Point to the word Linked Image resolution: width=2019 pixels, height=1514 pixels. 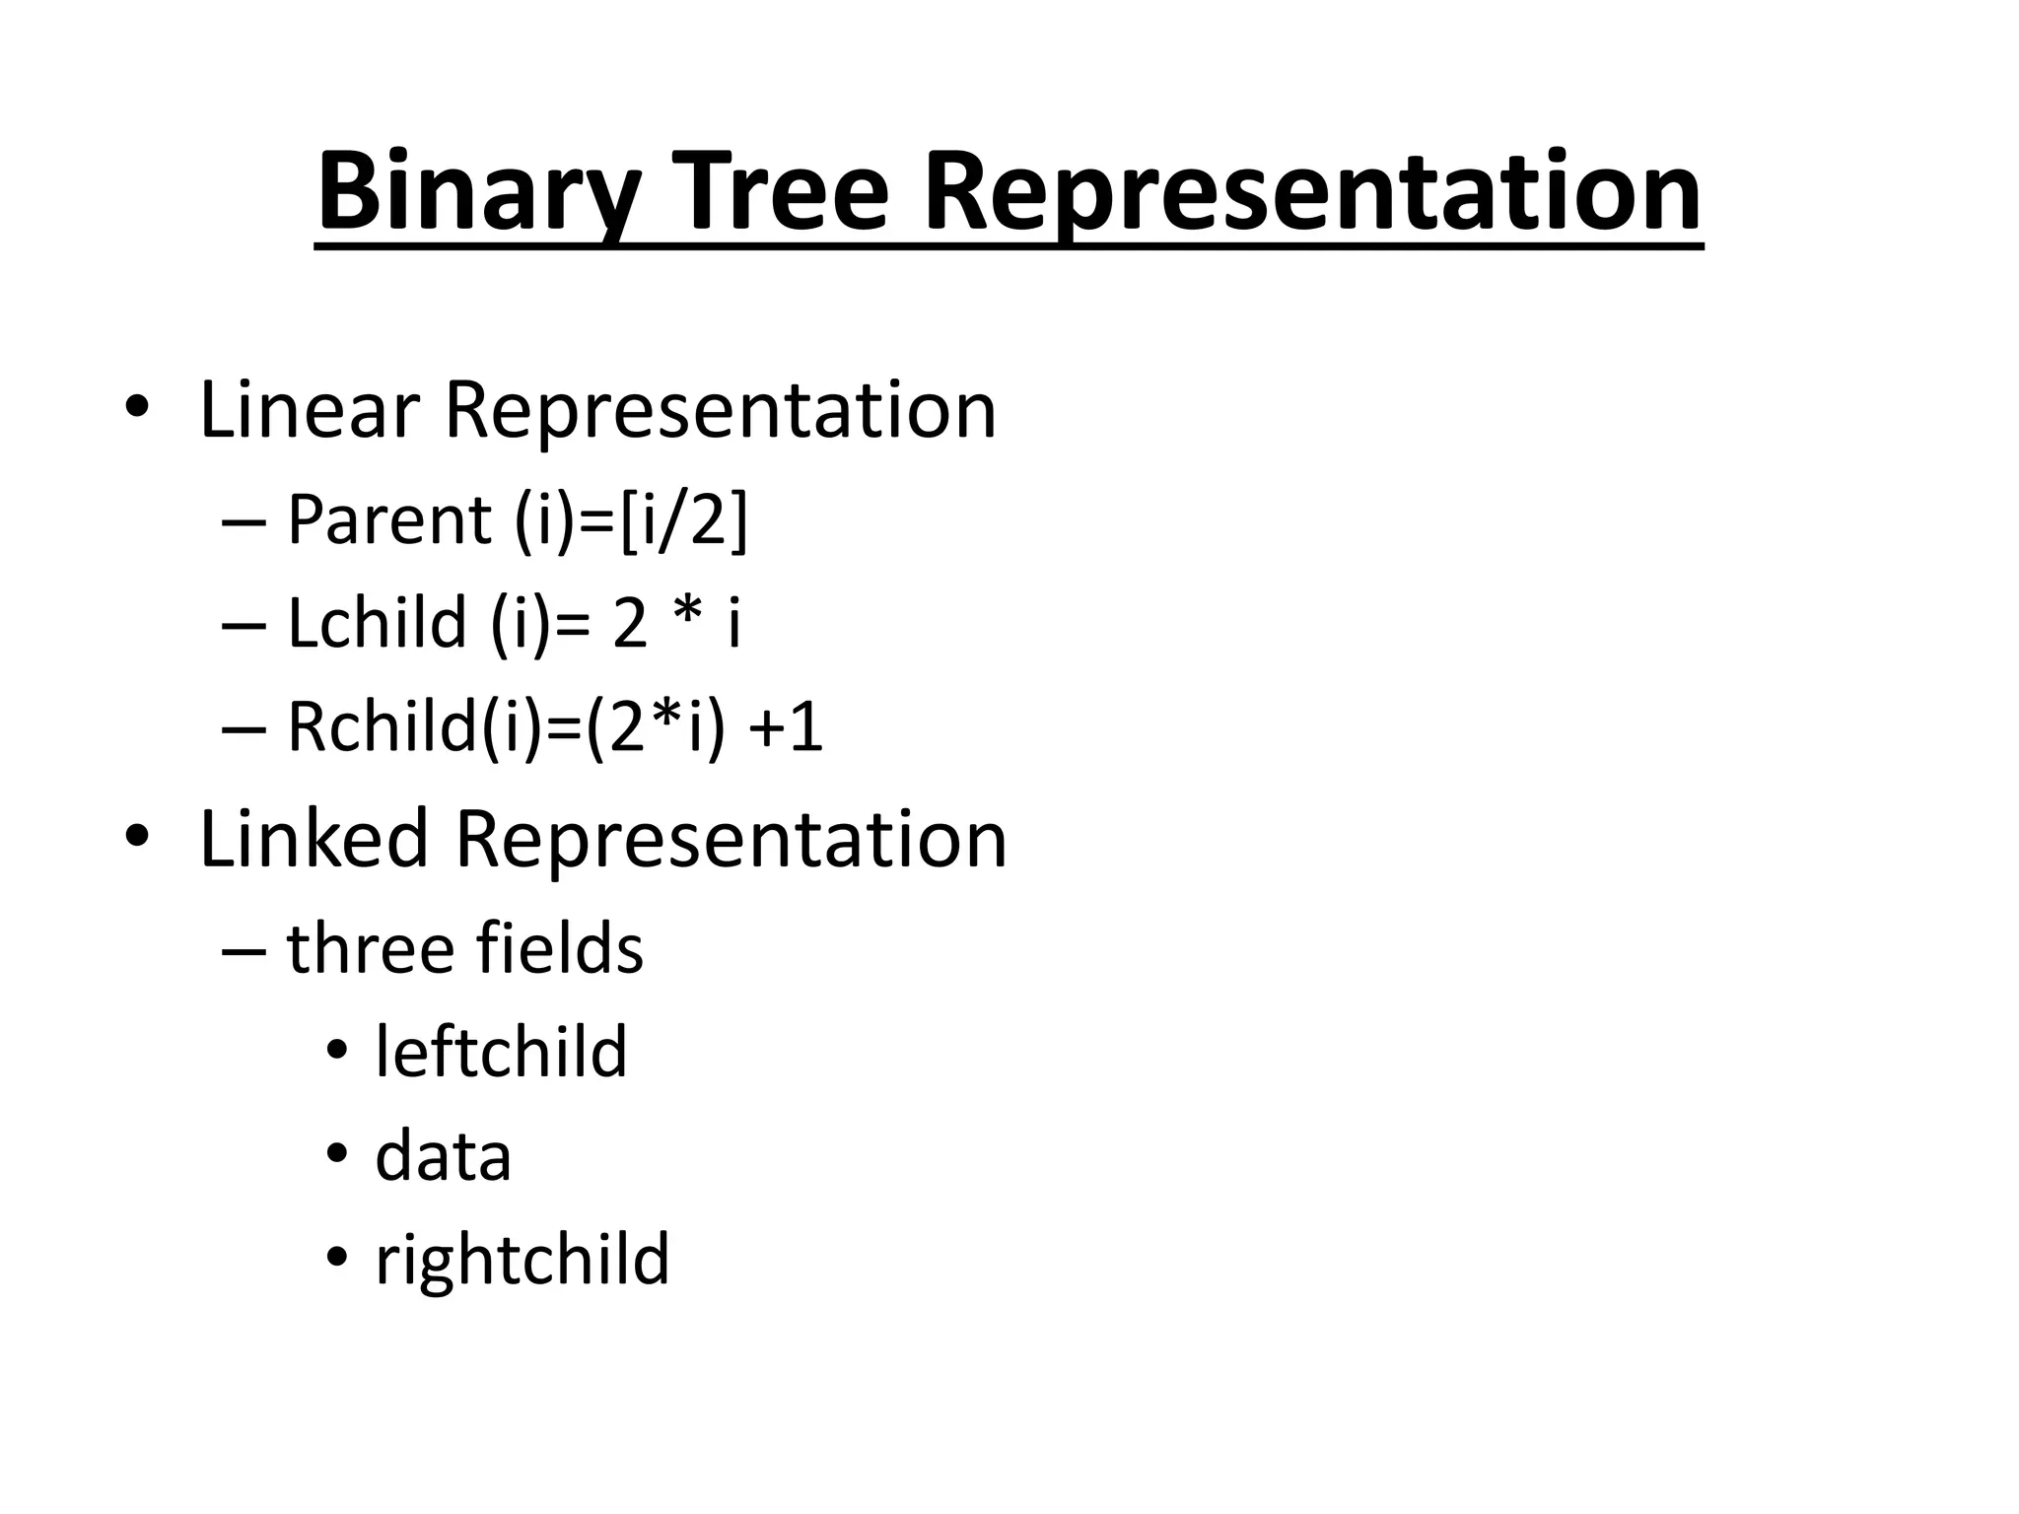[x=313, y=839]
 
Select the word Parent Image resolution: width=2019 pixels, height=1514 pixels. [x=388, y=519]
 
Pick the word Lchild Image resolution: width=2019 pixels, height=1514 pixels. [x=377, y=624]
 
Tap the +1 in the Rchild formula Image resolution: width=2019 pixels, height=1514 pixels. [x=787, y=729]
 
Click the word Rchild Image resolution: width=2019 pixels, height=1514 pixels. [x=382, y=728]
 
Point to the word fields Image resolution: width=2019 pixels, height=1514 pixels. [x=559, y=949]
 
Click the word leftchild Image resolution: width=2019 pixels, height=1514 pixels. [x=501, y=1053]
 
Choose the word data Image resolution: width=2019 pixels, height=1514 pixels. [x=443, y=1157]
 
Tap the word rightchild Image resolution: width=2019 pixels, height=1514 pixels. [x=522, y=1261]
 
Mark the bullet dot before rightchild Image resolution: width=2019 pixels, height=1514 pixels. [x=337, y=1258]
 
